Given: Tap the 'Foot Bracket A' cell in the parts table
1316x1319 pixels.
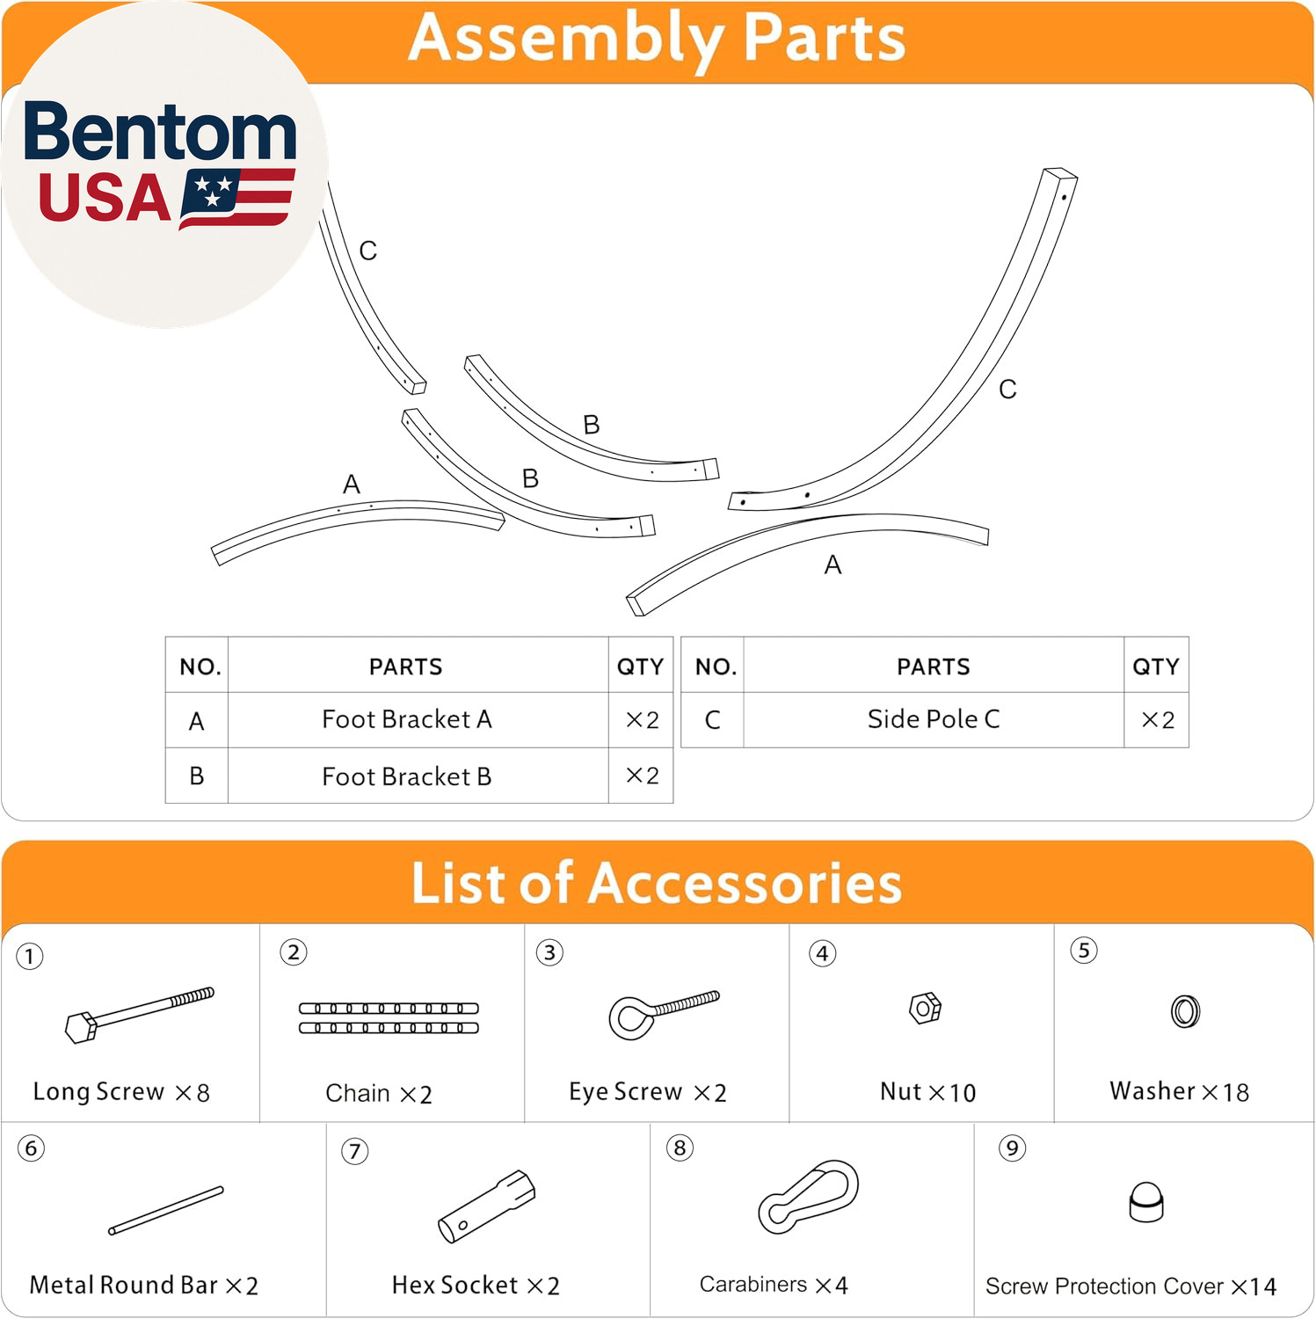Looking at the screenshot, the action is (x=406, y=719).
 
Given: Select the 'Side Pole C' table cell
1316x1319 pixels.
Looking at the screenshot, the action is (x=934, y=719).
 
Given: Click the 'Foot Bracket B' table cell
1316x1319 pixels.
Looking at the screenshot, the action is (x=406, y=776).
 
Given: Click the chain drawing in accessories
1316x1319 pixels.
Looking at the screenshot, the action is (x=389, y=1018).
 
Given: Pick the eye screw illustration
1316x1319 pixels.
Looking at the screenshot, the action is (x=664, y=1015).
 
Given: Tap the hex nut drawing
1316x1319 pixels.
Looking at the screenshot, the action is (x=925, y=1008).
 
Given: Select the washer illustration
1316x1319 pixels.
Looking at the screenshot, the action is (x=1185, y=1011).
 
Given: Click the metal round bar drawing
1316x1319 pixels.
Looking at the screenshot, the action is (x=166, y=1210).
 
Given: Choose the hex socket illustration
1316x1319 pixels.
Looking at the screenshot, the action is (x=486, y=1206).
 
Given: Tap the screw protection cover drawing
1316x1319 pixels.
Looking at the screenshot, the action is (x=1146, y=1202).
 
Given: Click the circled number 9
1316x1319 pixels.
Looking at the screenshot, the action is (x=1012, y=1148).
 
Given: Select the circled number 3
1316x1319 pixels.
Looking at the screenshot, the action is (x=549, y=952).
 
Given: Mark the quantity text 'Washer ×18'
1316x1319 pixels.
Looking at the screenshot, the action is (x=1179, y=1091).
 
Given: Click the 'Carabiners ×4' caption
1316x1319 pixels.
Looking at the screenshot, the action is (x=774, y=1285).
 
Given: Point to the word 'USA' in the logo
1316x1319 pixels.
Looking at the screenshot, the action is (x=105, y=198).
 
